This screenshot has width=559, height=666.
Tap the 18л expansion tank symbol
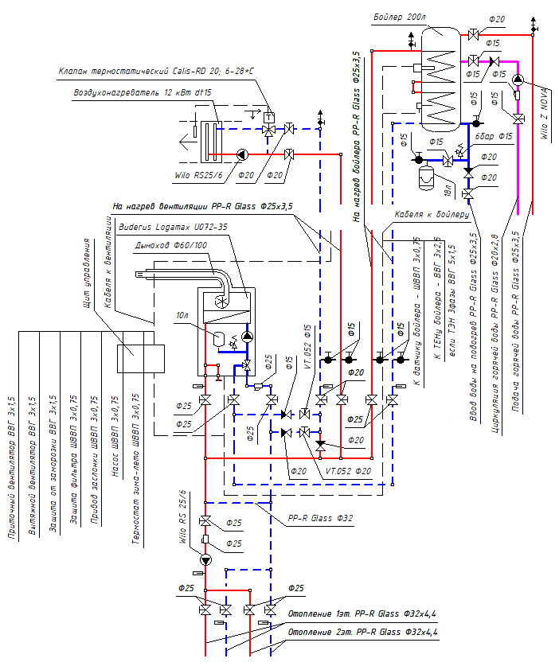pyautogui.click(x=426, y=173)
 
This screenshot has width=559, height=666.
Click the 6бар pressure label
pyautogui.click(x=485, y=136)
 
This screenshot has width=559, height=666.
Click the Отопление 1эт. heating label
pyautogui.click(x=362, y=613)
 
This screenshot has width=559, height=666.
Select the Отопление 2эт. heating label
pyautogui.click(x=362, y=632)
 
